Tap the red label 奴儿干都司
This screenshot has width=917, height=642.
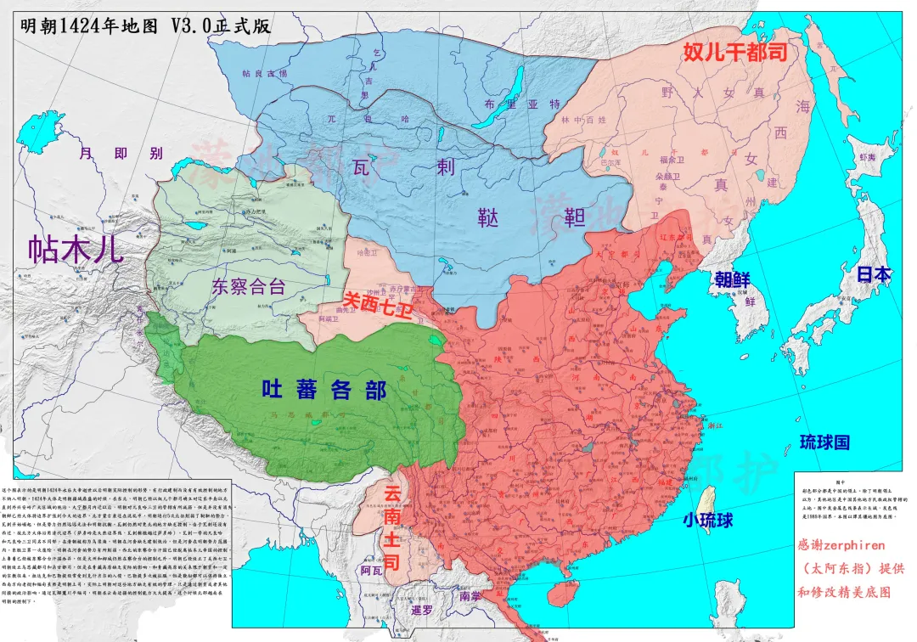point(735,52)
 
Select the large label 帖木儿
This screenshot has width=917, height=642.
point(76,249)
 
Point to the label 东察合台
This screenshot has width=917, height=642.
point(248,286)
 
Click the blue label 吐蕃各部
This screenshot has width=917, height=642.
point(323,390)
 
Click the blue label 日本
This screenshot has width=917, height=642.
point(872,274)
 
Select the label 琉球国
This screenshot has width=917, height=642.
point(824,442)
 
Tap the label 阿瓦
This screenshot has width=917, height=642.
point(371,571)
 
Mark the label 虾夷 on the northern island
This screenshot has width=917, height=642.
point(866,158)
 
